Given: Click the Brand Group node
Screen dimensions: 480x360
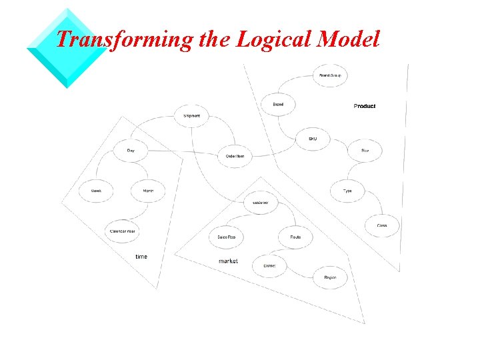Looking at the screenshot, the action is [330, 76].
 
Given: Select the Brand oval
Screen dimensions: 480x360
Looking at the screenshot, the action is [278, 105].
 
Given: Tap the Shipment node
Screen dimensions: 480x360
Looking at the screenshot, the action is [191, 116].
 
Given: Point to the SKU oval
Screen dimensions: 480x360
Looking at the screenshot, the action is [313, 139].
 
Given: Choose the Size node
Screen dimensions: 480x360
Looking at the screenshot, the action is [365, 151].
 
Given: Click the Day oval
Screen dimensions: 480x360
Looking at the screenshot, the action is [131, 151].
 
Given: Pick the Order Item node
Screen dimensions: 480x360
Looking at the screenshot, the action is [235, 157].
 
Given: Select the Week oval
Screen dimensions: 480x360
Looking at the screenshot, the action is [96, 191].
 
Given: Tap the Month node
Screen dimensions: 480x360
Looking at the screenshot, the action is [148, 191].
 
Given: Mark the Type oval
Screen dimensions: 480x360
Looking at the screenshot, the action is [347, 191].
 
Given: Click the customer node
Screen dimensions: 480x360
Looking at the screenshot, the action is [261, 202].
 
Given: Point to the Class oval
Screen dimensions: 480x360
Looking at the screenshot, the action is [382, 225].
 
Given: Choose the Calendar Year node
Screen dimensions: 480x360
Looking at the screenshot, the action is [122, 231].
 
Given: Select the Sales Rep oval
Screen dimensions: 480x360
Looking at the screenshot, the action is [226, 237].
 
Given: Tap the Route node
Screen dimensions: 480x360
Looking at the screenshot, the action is [295, 237].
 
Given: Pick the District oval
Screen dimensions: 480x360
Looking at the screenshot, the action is [269, 266].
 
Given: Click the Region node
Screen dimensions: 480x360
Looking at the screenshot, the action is [330, 277].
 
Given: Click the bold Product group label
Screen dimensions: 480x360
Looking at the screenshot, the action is [365, 106].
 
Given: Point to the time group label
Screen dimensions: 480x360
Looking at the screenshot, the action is [141, 257].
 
